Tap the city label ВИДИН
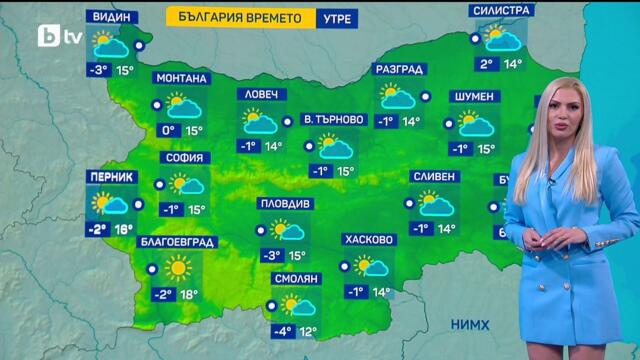click(x=112, y=18)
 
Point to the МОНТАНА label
click(x=182, y=79)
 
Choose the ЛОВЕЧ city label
click(x=262, y=95)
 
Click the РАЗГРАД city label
click(x=400, y=70)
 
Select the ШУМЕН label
click(x=473, y=96)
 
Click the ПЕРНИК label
click(x=112, y=176)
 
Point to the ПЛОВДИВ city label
click(x=286, y=203)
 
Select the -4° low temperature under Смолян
click(x=285, y=332)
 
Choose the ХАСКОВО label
click(x=369, y=240)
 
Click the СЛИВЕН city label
click(x=434, y=177)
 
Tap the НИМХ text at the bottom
click(x=470, y=325)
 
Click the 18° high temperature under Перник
click(x=124, y=229)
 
